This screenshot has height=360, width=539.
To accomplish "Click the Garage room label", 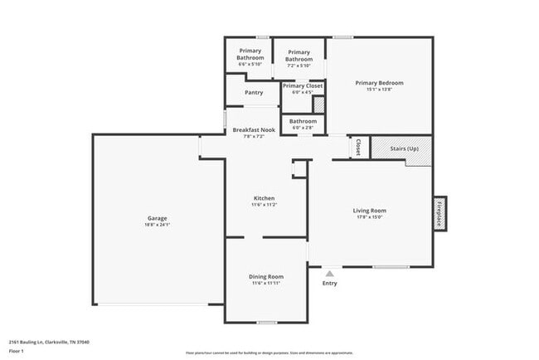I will pos(158,218).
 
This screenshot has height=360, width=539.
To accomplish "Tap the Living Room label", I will pos(370,211).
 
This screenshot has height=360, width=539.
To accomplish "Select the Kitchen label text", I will pos(264,198).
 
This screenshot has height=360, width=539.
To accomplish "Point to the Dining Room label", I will pos(266,276).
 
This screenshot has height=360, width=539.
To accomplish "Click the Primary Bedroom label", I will pos(379,83).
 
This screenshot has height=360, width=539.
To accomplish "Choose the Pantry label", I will pos(254,92).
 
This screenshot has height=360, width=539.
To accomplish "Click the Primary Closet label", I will pos(303,85).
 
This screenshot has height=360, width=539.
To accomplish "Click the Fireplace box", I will pos(439,213).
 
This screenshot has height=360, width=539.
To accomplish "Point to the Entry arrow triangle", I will pos(329,272).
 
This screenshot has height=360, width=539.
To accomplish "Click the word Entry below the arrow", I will pos(329,284).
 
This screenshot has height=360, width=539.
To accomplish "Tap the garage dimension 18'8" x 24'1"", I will pos(158,225).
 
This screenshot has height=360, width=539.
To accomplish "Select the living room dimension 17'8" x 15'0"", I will pos(370,217).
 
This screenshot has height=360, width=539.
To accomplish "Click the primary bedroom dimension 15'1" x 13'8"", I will pos(379,90).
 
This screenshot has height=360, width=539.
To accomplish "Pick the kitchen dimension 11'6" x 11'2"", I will pos(264,205).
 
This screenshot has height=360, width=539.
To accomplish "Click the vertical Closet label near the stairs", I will pos(358,148).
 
